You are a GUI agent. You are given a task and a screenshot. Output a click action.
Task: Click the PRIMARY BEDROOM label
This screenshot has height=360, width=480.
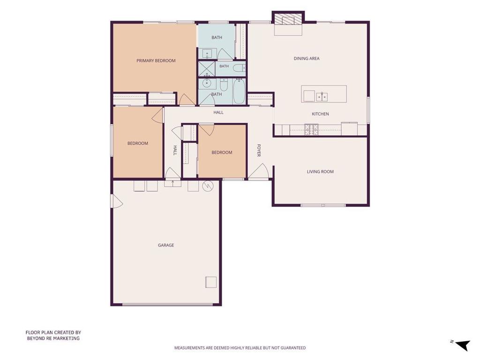(x=156, y=60)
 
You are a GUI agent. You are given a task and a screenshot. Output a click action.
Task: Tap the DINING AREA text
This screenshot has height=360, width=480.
(x=307, y=59)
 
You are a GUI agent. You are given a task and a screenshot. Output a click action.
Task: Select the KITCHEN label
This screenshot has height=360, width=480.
(x=320, y=114)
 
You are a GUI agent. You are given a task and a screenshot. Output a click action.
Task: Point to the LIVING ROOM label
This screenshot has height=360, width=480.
(x=320, y=172)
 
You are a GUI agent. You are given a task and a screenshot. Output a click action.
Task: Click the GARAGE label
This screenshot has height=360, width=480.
(x=166, y=245)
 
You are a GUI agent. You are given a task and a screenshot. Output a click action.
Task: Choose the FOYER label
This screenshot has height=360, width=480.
(x=259, y=150)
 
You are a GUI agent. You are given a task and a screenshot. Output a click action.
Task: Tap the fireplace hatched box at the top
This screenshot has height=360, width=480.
(x=288, y=19)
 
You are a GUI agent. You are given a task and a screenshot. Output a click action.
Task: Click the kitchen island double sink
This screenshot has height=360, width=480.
(x=322, y=97)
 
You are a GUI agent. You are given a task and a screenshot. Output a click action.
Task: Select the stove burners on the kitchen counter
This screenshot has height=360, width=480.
(x=311, y=129)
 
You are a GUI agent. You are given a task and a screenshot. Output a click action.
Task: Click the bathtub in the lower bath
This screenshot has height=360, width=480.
(x=239, y=91)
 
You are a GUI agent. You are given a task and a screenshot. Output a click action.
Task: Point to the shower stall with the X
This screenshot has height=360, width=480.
(x=207, y=69)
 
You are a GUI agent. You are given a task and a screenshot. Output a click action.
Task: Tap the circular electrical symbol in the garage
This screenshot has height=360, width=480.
(x=208, y=186)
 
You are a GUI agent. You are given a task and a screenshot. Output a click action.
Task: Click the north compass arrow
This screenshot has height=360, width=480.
(x=463, y=345)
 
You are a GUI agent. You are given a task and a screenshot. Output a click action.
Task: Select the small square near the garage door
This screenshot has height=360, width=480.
(x=211, y=282)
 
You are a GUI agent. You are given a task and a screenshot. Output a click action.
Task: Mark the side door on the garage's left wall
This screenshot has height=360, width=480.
(x=117, y=201)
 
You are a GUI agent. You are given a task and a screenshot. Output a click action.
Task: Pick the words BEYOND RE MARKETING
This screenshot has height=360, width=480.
(x=53, y=338)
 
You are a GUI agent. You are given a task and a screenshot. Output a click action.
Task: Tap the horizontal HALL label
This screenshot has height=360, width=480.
(x=218, y=112)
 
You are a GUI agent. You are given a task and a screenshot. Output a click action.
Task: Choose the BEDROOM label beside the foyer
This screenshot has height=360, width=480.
(x=222, y=152)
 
